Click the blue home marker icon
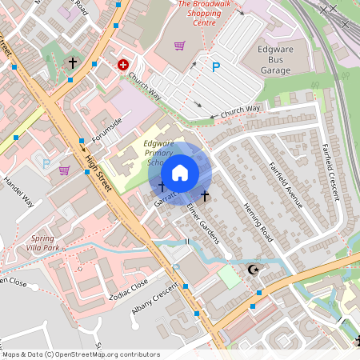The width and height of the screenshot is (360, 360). click(x=180, y=173)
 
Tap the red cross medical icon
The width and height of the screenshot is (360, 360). click(x=123, y=64)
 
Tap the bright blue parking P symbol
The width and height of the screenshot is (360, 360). click(x=215, y=68)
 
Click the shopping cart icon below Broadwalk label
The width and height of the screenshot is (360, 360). click(x=179, y=46)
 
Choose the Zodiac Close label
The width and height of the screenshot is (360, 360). click(x=129, y=289)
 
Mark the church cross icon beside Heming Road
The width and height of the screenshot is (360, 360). click(x=205, y=195)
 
